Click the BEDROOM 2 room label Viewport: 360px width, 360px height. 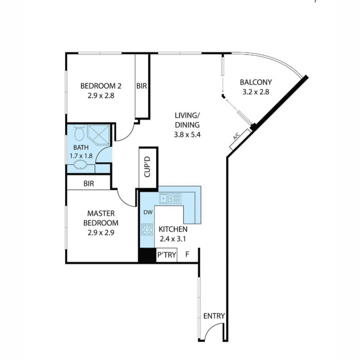(101, 86)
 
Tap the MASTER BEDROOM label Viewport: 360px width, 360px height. (101, 218)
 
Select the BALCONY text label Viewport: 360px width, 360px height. (256, 82)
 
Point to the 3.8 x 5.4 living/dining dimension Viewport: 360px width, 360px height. (187, 135)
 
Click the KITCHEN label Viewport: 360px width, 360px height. (173, 229)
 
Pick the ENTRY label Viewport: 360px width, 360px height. (214, 316)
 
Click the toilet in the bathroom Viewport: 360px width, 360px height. (79, 133)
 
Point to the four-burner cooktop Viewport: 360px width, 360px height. (147, 230)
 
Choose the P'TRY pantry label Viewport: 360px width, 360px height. (166, 255)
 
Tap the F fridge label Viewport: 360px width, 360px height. (187, 255)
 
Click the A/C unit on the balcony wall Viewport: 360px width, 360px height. (239, 139)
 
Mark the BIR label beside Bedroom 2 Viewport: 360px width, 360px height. (142, 86)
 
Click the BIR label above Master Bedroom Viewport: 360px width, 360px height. (88, 184)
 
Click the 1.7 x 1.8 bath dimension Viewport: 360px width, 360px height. (81, 156)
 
